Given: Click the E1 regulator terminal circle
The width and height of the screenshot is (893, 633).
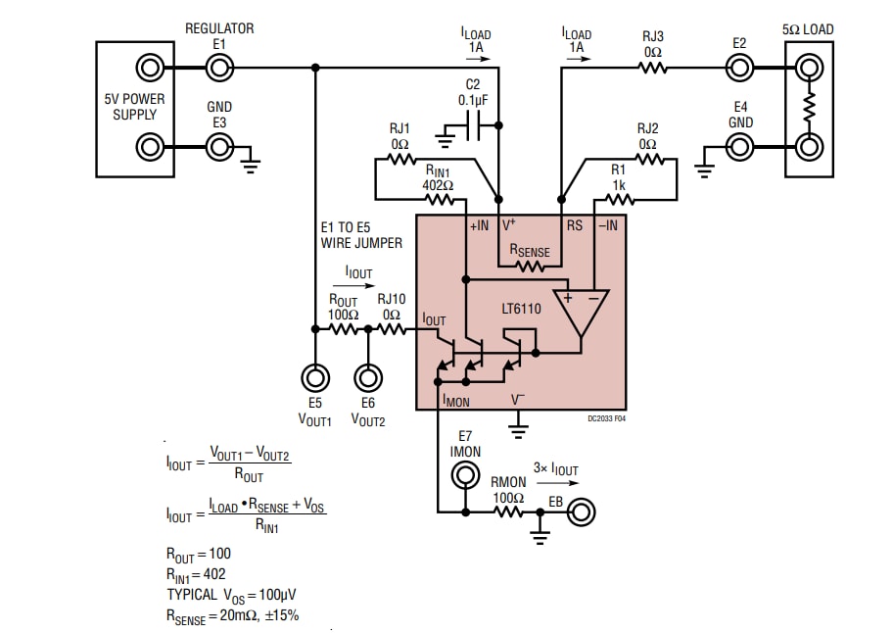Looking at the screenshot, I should point(219,68).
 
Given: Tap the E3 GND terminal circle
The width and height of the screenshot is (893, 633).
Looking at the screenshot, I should point(219,147).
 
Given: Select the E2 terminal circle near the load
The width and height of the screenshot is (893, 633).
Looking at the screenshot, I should point(739,68).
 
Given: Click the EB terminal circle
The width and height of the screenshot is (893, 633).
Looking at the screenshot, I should point(582,511).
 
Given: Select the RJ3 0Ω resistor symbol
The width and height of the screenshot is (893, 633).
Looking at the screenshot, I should point(652,68).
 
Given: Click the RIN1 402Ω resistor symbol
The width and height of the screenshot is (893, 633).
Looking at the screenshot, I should point(439,200).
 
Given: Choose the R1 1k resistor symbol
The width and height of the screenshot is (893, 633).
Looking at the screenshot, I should point(618,200).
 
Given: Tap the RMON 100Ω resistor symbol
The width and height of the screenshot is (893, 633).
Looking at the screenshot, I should point(508,511).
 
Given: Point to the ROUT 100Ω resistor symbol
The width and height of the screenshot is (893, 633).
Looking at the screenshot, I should point(343,330).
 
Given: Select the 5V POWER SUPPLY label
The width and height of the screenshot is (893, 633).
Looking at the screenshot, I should point(135,107).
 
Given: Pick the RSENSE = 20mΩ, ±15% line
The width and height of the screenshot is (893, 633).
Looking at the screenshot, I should point(232,615).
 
